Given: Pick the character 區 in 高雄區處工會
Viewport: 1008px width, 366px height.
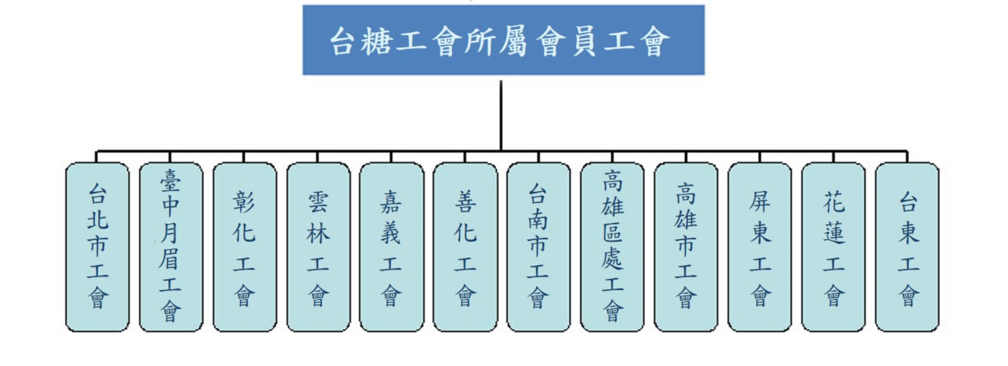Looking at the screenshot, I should [x=612, y=233].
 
